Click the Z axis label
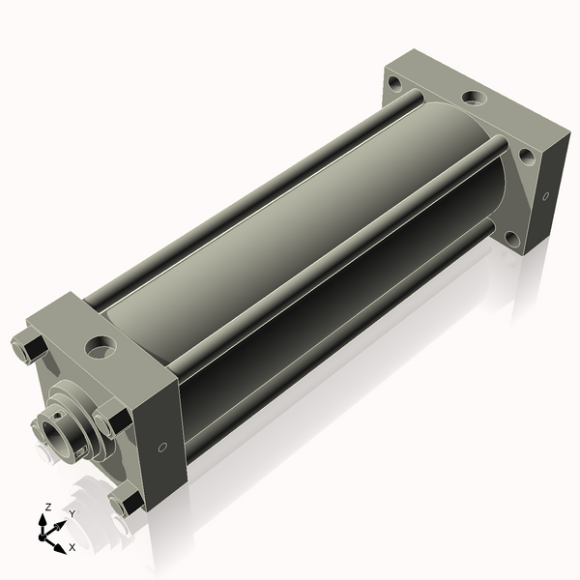click(x=47, y=507)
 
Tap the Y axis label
click(x=72, y=513)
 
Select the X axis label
click(x=72, y=547)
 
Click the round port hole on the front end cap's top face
click(x=101, y=345)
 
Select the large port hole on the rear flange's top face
click(x=475, y=98)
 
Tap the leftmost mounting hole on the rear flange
click(x=394, y=82)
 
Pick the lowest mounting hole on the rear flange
click(x=513, y=239)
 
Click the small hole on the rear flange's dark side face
click(x=545, y=196)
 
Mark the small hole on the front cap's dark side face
click(x=162, y=448)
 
